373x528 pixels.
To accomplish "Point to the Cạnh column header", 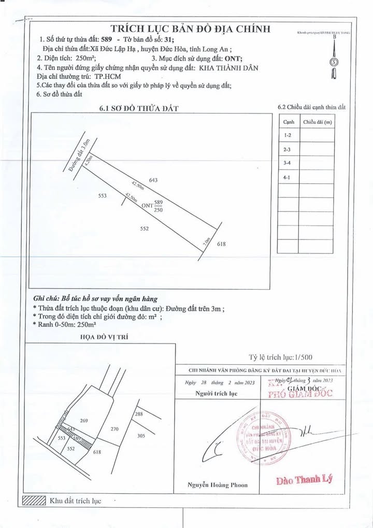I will click(289, 122).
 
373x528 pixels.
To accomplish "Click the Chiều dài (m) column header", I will click(318, 122).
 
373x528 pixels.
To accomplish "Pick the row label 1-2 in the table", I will click(288, 135).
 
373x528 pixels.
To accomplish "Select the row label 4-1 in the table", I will click(288, 177).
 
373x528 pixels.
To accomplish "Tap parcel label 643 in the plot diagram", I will click(153, 180).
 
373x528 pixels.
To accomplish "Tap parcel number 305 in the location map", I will click(155, 436).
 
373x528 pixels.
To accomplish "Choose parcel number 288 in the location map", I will click(138, 414).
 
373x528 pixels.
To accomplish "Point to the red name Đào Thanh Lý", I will click(304, 480).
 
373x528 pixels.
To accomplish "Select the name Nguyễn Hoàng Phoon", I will click(218, 485).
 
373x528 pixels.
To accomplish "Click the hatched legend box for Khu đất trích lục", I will click(33, 501).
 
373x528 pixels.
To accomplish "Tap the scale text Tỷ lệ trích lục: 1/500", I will click(281, 357).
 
